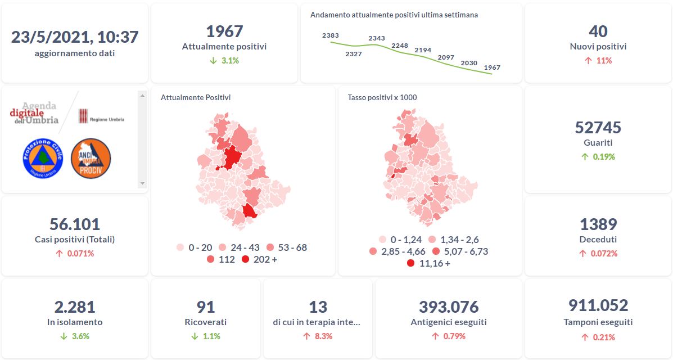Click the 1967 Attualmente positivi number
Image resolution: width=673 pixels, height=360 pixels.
[224, 31]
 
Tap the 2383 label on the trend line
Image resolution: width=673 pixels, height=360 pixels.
[331, 35]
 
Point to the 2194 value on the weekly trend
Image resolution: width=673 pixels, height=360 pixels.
[423, 50]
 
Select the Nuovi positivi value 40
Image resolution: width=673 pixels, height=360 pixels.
[598, 31]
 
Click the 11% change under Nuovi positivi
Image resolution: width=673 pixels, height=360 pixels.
[598, 61]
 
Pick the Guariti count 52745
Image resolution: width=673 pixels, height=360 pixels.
[598, 128]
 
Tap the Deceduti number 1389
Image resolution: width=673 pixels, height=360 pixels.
[598, 224]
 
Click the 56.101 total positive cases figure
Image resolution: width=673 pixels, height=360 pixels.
[75, 224]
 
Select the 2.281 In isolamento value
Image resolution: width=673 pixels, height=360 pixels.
[75, 307]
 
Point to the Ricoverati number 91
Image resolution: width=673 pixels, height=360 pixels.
[206, 307]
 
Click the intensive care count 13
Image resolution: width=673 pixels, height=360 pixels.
[318, 307]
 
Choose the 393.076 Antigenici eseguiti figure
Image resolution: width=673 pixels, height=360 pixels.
[449, 307]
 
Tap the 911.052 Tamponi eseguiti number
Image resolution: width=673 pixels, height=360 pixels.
[598, 305]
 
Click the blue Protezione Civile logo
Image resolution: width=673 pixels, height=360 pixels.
[42, 159]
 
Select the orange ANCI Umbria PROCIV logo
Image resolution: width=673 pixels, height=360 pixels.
[91, 159]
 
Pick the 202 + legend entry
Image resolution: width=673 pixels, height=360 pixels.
[259, 259]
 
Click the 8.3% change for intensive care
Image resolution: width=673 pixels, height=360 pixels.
[318, 336]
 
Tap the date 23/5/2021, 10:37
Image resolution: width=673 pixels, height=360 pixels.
[75, 37]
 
